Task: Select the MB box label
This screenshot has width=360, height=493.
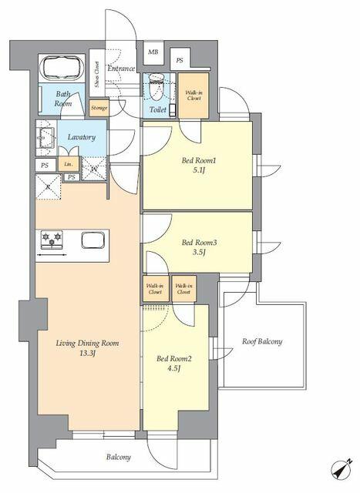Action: [153, 53]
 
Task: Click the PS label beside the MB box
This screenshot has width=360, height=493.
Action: [180, 59]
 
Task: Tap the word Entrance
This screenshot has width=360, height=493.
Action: [121, 69]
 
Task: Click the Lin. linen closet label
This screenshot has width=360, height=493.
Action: [69, 164]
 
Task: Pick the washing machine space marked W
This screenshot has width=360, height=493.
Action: [93, 166]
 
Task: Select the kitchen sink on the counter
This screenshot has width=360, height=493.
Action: [93, 240]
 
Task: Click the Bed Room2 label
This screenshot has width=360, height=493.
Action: [173, 358]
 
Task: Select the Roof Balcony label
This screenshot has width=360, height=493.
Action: [261, 341]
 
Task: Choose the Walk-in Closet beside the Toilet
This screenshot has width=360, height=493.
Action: [193, 96]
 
